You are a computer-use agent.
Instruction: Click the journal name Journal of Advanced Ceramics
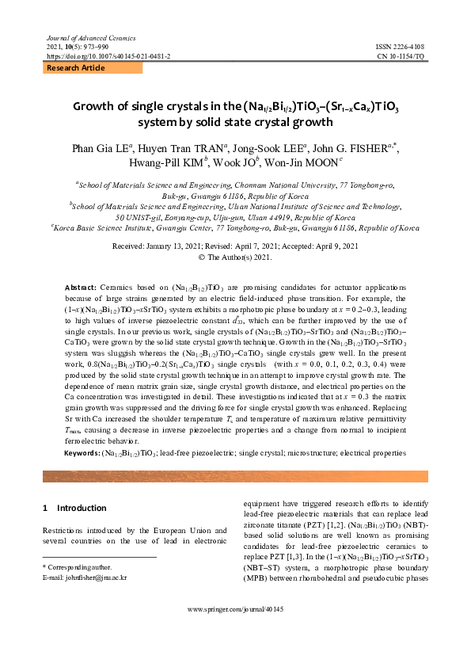coord(80,38)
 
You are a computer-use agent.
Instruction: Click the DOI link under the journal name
coord(109,57)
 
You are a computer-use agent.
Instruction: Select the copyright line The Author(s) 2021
coord(235,257)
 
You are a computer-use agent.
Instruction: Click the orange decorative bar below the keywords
coord(235,476)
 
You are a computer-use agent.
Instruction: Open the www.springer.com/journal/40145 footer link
coord(235,631)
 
